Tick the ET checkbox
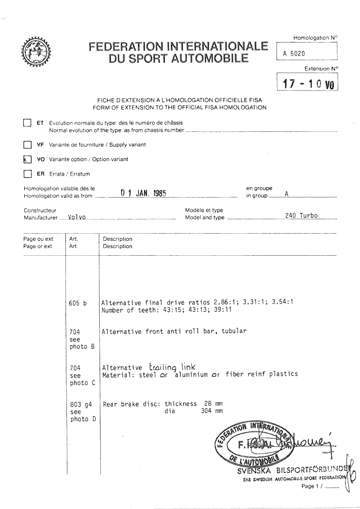[27, 123]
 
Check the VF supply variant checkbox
[27, 145]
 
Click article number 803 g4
[79, 405]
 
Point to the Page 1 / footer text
[312, 486]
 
